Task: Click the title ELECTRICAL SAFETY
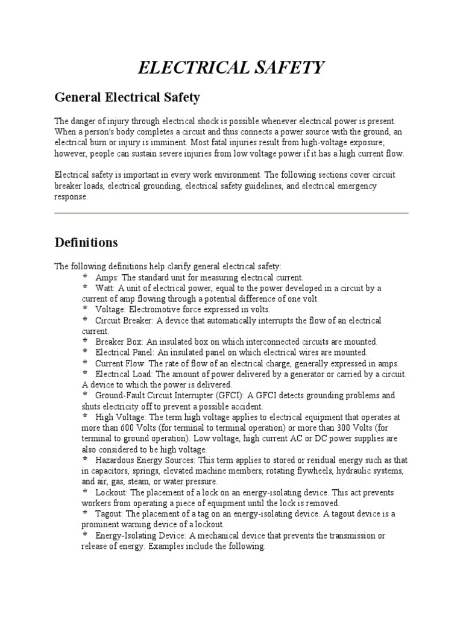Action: pos(231,67)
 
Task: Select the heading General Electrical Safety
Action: pos(127,97)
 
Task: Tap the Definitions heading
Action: pos(86,242)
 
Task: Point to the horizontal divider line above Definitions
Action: pos(231,213)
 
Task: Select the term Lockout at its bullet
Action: pos(110,492)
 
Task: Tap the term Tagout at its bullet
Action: pos(109,514)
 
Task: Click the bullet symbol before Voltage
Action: pos(85,308)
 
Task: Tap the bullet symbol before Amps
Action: pos(85,277)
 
